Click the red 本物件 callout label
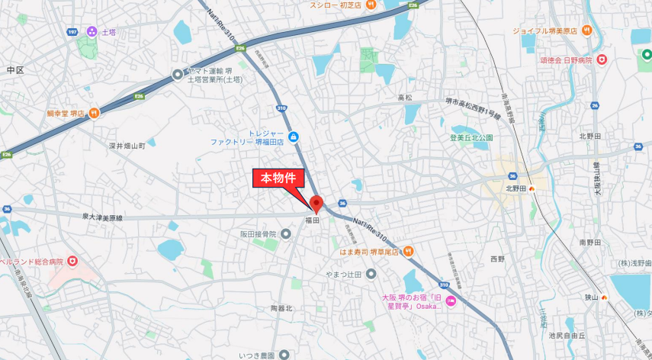[279, 178]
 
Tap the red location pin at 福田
[316, 204]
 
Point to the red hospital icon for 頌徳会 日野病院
[602, 59]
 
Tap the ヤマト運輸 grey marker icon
[178, 75]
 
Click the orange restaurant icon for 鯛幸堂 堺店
[93, 114]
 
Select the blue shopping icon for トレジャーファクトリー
[294, 137]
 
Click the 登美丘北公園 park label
[471, 138]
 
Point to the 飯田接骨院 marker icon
[287, 234]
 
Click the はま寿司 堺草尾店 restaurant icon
[408, 250]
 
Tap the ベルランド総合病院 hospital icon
[72, 262]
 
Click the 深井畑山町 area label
[127, 145]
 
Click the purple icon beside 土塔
[92, 31]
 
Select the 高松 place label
[404, 98]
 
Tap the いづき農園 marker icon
[284, 354]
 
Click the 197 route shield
[72, 32]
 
